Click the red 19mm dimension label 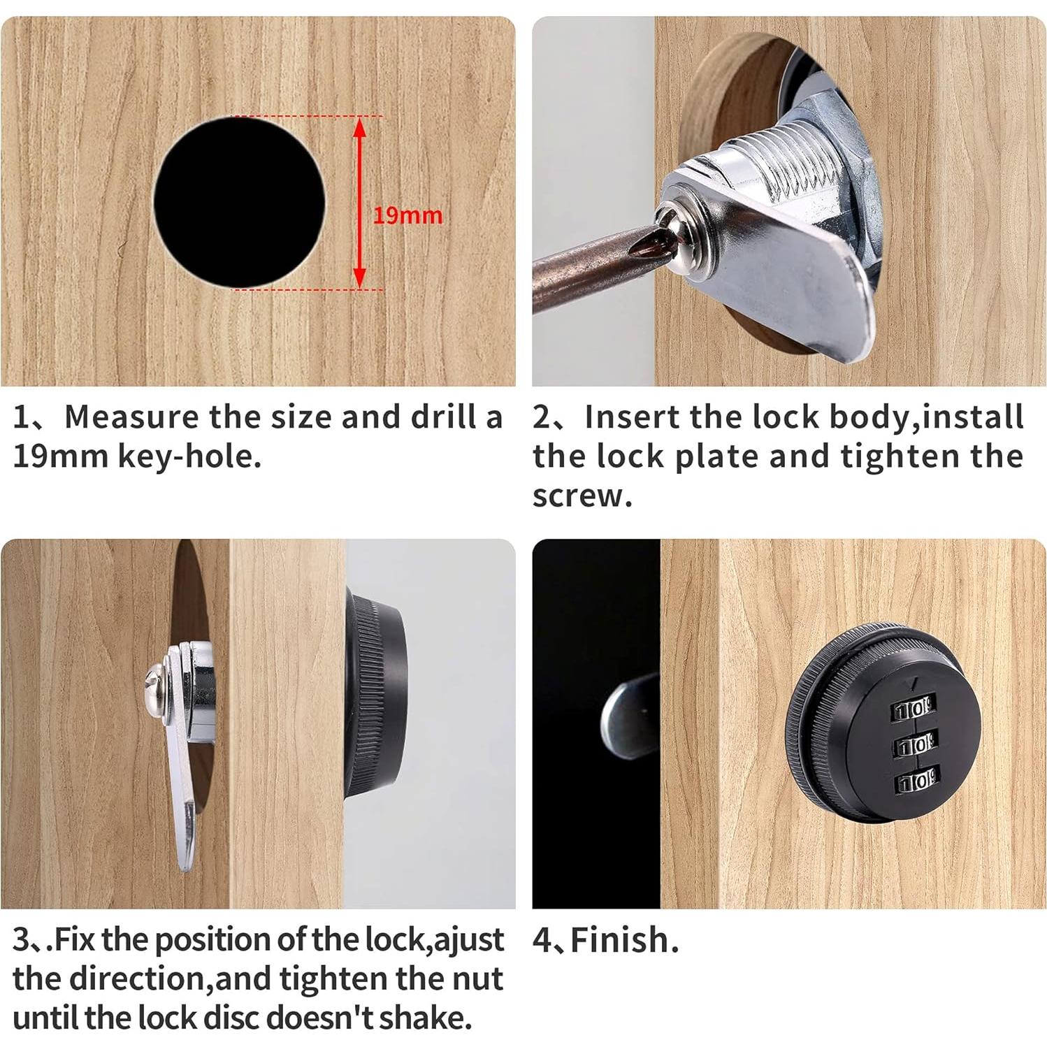click(x=407, y=215)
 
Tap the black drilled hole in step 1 click(x=240, y=203)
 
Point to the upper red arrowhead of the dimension click(x=360, y=129)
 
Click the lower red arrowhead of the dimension click(x=360, y=276)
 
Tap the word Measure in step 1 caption click(x=132, y=417)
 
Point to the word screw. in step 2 click(x=582, y=497)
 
